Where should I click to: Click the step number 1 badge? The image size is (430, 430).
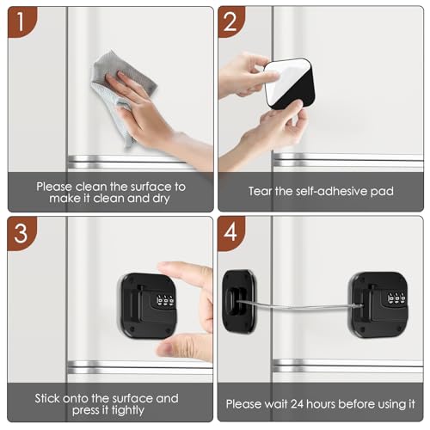20,21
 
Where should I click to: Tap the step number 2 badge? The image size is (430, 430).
231,21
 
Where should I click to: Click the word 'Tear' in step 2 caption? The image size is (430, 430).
263,191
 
